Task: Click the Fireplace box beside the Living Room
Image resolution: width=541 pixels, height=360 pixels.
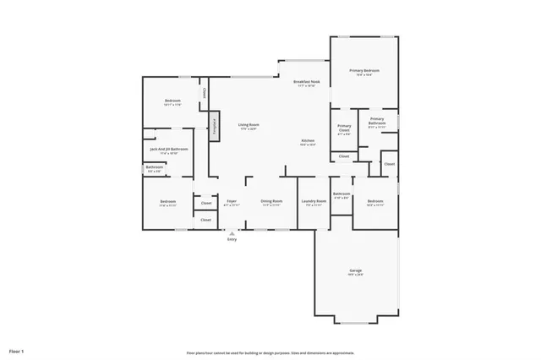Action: tap(215, 126)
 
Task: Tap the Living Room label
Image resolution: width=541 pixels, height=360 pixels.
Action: tap(248, 124)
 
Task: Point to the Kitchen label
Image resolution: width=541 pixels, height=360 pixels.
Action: tap(308, 140)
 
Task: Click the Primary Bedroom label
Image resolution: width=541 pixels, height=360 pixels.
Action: tap(364, 71)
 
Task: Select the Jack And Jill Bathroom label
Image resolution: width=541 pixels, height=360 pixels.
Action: tap(168, 150)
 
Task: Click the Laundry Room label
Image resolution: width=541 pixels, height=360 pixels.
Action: tap(314, 201)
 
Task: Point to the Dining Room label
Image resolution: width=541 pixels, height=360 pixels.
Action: tap(271, 201)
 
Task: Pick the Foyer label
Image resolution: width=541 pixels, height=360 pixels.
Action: tap(231, 201)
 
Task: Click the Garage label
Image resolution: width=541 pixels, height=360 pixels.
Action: tap(355, 271)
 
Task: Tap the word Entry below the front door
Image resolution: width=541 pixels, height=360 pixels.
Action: tap(232, 240)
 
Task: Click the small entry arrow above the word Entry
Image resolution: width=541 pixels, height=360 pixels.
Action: tap(232, 232)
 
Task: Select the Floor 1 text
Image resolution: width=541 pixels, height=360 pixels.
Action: tap(17, 350)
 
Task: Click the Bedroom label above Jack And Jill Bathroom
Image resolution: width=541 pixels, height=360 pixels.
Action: tap(172, 101)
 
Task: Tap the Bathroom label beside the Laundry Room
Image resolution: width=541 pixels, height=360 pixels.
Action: tap(342, 194)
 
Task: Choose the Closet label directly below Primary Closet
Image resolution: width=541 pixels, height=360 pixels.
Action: tap(344, 156)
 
